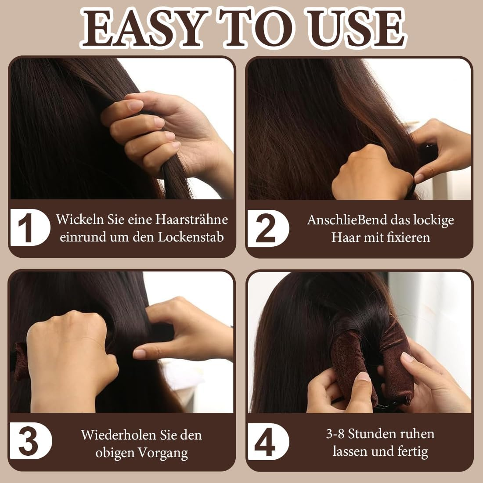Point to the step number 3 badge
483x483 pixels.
coord(29,441)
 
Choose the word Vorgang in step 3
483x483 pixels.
coord(163,453)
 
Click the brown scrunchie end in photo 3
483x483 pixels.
coord(20,360)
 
